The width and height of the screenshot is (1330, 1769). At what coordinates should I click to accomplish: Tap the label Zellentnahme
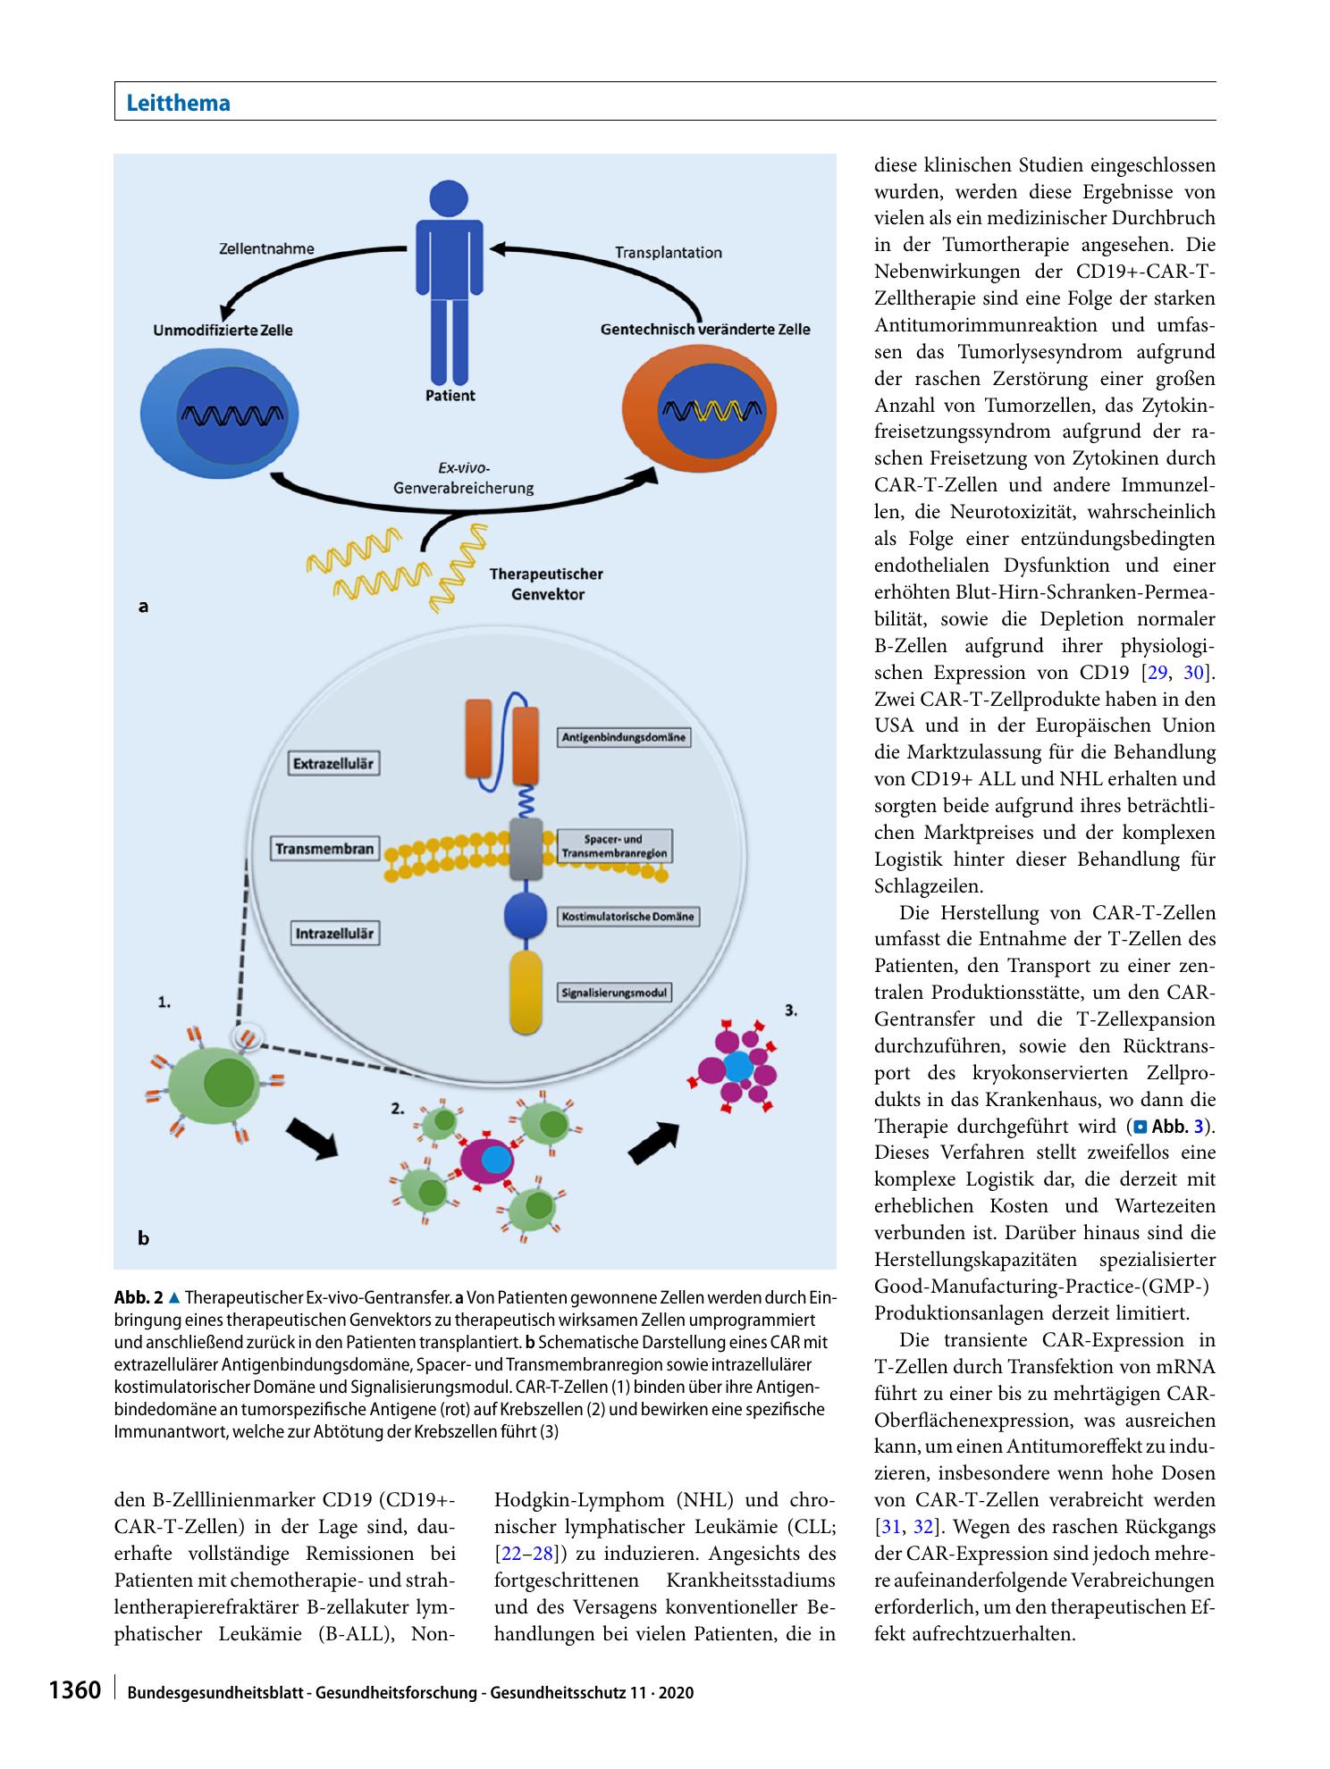[x=266, y=249]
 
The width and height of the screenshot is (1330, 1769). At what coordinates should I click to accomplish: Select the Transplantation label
[x=668, y=253]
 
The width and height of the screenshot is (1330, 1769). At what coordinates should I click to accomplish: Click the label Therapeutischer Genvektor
[x=546, y=583]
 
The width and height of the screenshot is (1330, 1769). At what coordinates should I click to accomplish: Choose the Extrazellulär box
[x=332, y=764]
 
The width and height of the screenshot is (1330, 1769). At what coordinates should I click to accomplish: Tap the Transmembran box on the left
[x=324, y=849]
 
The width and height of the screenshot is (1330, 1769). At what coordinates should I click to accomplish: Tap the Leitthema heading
[x=179, y=103]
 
